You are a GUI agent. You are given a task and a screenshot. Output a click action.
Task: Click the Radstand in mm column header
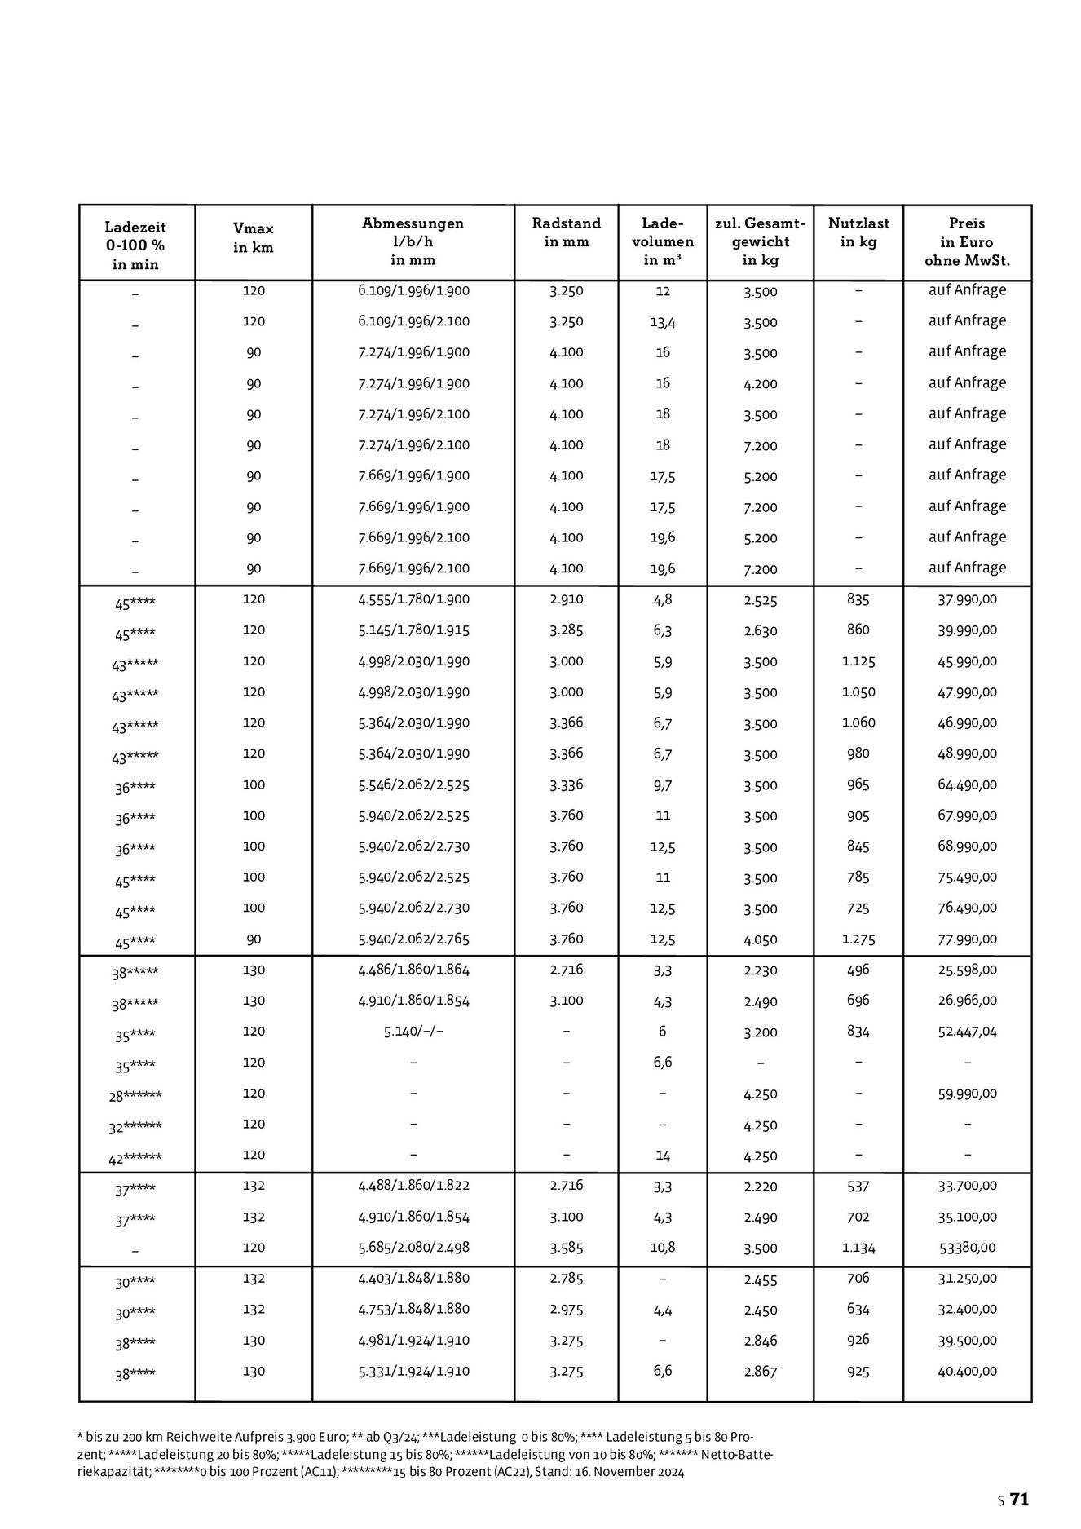pyautogui.click(x=566, y=232)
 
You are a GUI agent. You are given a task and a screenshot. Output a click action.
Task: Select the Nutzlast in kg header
pyautogui.click(x=858, y=232)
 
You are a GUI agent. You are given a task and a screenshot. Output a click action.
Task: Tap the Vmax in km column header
pyautogui.click(x=254, y=238)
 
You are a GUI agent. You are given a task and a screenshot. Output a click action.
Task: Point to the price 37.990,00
pyautogui.click(x=967, y=599)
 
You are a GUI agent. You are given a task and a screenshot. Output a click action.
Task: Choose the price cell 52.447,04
pyautogui.click(x=967, y=1032)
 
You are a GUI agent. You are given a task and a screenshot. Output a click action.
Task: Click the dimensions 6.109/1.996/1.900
pyautogui.click(x=413, y=290)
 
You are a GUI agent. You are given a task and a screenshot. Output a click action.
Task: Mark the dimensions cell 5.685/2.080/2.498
pyautogui.click(x=413, y=1247)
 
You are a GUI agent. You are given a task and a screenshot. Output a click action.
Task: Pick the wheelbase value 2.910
pyautogui.click(x=566, y=599)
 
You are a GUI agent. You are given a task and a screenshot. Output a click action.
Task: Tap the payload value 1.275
pyautogui.click(x=858, y=939)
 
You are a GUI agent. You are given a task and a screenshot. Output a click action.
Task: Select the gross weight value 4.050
pyautogui.click(x=760, y=940)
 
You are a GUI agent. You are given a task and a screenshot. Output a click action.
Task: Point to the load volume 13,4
pyautogui.click(x=662, y=322)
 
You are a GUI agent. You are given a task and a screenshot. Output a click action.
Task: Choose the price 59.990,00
pyautogui.click(x=967, y=1094)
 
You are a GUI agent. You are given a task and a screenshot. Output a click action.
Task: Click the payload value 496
pyautogui.click(x=858, y=970)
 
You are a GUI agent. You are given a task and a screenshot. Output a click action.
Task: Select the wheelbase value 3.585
pyautogui.click(x=566, y=1247)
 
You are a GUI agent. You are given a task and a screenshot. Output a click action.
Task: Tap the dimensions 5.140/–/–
pyautogui.click(x=413, y=1032)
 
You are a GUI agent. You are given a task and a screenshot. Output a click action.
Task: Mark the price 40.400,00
pyautogui.click(x=967, y=1371)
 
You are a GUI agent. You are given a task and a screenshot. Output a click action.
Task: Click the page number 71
pyautogui.click(x=1020, y=1499)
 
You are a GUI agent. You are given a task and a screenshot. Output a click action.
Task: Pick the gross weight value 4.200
pyautogui.click(x=760, y=384)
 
